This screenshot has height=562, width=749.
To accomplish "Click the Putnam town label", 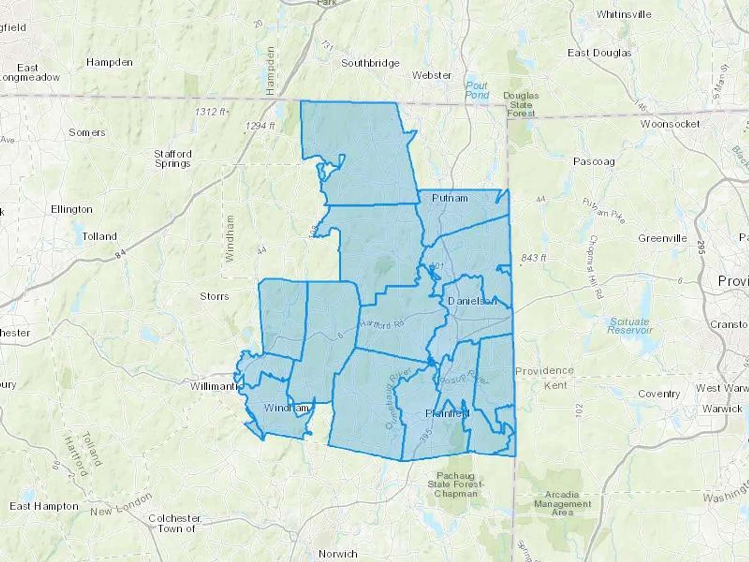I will (x=450, y=198).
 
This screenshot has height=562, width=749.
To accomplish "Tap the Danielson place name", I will (x=472, y=301).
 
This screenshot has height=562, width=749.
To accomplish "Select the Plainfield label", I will (x=447, y=413).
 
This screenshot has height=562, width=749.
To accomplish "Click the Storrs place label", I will (x=214, y=296).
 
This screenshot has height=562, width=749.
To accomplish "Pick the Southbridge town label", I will (x=370, y=63).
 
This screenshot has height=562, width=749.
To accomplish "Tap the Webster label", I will (x=432, y=75).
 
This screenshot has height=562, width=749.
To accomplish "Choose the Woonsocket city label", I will (x=670, y=124).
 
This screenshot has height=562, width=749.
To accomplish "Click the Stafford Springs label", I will (x=173, y=159).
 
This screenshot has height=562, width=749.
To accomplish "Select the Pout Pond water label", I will (x=477, y=90).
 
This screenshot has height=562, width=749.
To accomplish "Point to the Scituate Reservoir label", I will (x=630, y=326).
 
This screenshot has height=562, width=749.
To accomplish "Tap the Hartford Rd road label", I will (x=382, y=324).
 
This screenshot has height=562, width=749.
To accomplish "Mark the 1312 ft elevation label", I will (x=211, y=112).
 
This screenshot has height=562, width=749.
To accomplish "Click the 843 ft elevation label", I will (x=533, y=258).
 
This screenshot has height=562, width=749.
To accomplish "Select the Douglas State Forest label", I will (x=521, y=104).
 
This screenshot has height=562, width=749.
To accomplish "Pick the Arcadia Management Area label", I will (x=562, y=503).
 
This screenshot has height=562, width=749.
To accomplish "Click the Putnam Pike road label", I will (x=604, y=211).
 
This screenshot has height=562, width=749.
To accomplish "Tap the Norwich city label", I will (x=338, y=554).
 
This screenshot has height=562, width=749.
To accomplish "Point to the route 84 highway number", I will (x=120, y=254).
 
